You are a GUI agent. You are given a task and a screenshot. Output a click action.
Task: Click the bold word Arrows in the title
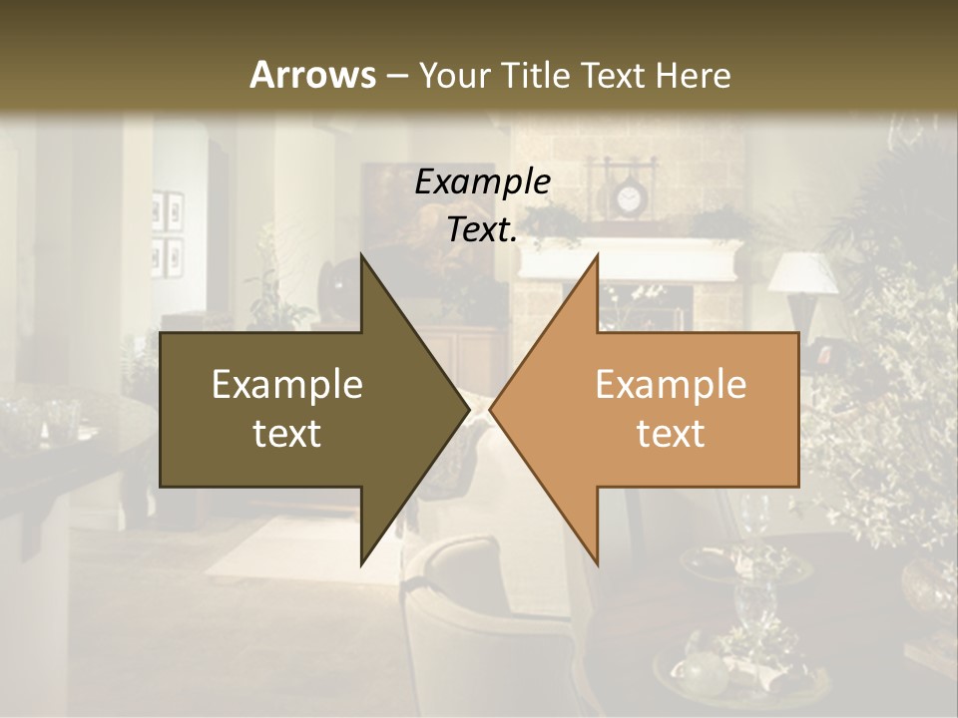[x=312, y=75]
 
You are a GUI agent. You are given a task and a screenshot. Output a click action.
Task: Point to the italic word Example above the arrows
[x=483, y=181]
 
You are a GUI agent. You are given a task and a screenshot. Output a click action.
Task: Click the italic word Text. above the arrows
[x=483, y=229]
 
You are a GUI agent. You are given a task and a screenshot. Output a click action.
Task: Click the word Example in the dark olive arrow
[x=287, y=385]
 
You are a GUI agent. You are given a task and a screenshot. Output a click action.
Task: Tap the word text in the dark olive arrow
[x=287, y=434]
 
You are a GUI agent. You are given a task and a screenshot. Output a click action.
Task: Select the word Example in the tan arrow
[x=671, y=385]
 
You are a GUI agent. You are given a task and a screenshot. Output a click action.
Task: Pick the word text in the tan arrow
[x=671, y=434]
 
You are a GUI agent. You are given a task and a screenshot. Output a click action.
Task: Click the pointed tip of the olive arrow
[x=468, y=409]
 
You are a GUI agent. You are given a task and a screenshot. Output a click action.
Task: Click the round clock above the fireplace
[x=628, y=200]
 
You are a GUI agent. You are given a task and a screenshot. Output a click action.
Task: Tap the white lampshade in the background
[x=803, y=271]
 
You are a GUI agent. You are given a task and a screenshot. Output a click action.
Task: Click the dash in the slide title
[x=396, y=75]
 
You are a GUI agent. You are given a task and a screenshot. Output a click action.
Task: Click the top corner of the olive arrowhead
[x=361, y=255]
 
